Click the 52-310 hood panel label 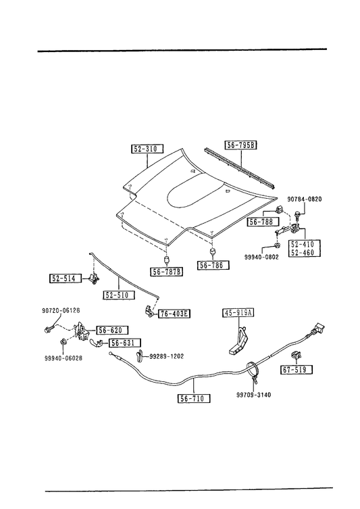147,149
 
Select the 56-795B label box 240,145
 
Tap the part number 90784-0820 305,199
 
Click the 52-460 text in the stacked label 303,252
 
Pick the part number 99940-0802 261,257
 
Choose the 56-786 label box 213,265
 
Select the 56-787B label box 166,272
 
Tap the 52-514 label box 66,278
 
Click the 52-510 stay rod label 119,295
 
